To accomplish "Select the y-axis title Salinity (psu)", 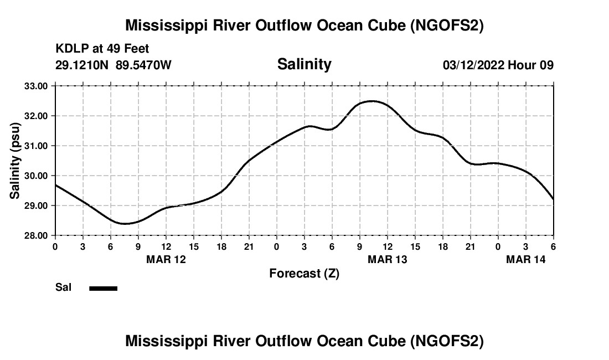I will click(x=15, y=161).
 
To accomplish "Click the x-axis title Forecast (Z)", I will click(x=304, y=273).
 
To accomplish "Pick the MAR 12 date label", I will click(x=166, y=259).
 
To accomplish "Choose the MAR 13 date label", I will click(x=388, y=259).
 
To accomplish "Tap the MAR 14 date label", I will click(x=526, y=259).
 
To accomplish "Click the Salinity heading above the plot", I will click(x=304, y=64).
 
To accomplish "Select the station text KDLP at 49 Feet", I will click(x=102, y=49).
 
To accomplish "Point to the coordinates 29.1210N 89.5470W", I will click(x=113, y=65).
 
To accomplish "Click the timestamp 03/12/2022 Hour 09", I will click(x=498, y=65).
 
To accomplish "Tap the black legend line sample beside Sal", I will click(x=104, y=288).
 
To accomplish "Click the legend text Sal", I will click(x=63, y=287).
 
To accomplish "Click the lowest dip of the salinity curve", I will click(x=125, y=224).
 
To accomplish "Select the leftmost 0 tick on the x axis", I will click(x=55, y=246).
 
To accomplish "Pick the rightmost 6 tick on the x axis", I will click(x=553, y=246).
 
